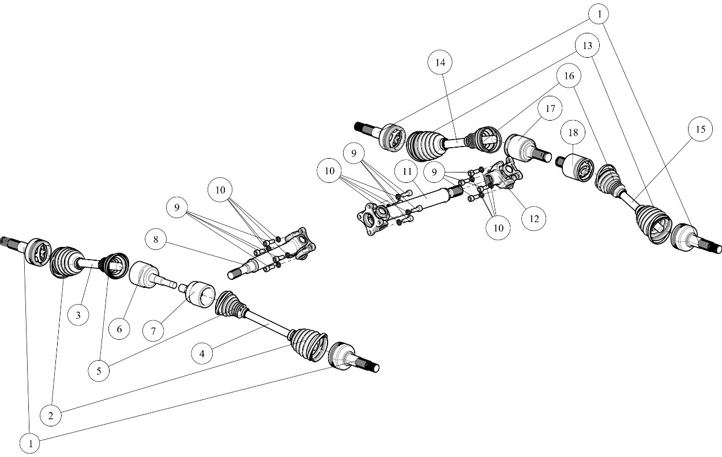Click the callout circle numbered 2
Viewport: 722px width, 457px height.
(51, 415)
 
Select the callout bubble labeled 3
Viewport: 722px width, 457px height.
(78, 315)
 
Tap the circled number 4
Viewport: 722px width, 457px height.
(202, 353)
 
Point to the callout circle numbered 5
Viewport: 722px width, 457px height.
(99, 370)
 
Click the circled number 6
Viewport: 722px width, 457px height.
(119, 329)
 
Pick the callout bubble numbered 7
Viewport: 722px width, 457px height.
(153, 331)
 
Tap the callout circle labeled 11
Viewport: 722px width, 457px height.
(408, 171)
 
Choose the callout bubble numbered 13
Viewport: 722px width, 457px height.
(588, 45)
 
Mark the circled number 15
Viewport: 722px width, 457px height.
(700, 130)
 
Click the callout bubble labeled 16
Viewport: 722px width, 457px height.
(569, 76)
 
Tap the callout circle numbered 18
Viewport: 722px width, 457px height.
(573, 132)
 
